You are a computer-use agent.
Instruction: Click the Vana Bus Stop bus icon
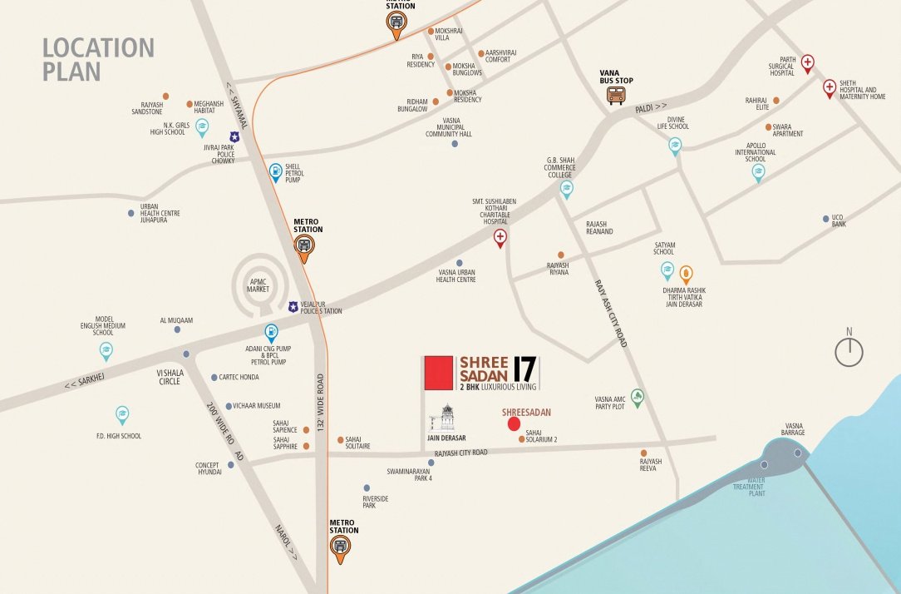click(x=616, y=95)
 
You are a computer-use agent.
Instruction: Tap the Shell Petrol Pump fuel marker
click(x=276, y=172)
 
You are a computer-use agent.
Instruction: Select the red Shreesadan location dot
click(x=515, y=424)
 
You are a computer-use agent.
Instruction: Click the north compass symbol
click(x=849, y=351)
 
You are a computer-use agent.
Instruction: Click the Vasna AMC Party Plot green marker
click(x=638, y=398)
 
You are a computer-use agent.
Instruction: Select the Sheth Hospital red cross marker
click(x=830, y=88)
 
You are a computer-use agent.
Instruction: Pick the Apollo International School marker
click(x=758, y=171)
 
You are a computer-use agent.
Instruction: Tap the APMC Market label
click(x=258, y=285)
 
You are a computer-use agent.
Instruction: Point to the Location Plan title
click(x=98, y=59)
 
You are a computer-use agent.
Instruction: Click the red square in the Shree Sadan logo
click(x=438, y=372)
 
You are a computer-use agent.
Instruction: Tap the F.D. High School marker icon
click(x=122, y=414)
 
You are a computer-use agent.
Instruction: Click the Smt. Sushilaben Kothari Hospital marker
click(x=500, y=239)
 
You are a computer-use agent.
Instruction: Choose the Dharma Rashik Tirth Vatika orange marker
click(x=687, y=273)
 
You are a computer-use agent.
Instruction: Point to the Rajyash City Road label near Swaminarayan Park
click(x=455, y=453)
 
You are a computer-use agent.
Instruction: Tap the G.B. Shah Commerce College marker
click(x=566, y=189)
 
